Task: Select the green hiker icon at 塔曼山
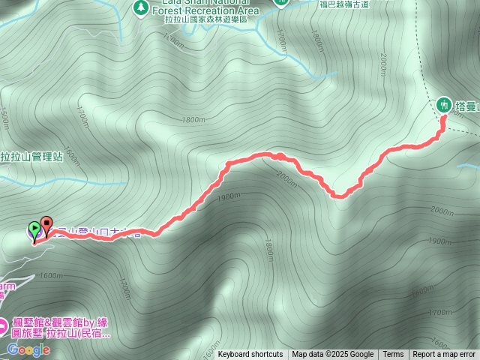(x=443, y=105)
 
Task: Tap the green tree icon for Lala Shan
(x=140, y=7)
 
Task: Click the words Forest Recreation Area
(x=205, y=10)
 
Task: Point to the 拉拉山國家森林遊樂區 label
(x=205, y=20)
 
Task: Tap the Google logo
(x=28, y=349)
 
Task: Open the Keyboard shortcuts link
(x=250, y=355)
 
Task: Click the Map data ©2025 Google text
(x=332, y=355)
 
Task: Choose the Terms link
(x=393, y=355)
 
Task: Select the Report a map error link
(x=444, y=355)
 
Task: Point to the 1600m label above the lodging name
(x=52, y=275)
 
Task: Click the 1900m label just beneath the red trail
(x=228, y=196)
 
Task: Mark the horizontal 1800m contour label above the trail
(x=193, y=119)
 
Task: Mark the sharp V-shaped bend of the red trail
(x=340, y=196)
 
